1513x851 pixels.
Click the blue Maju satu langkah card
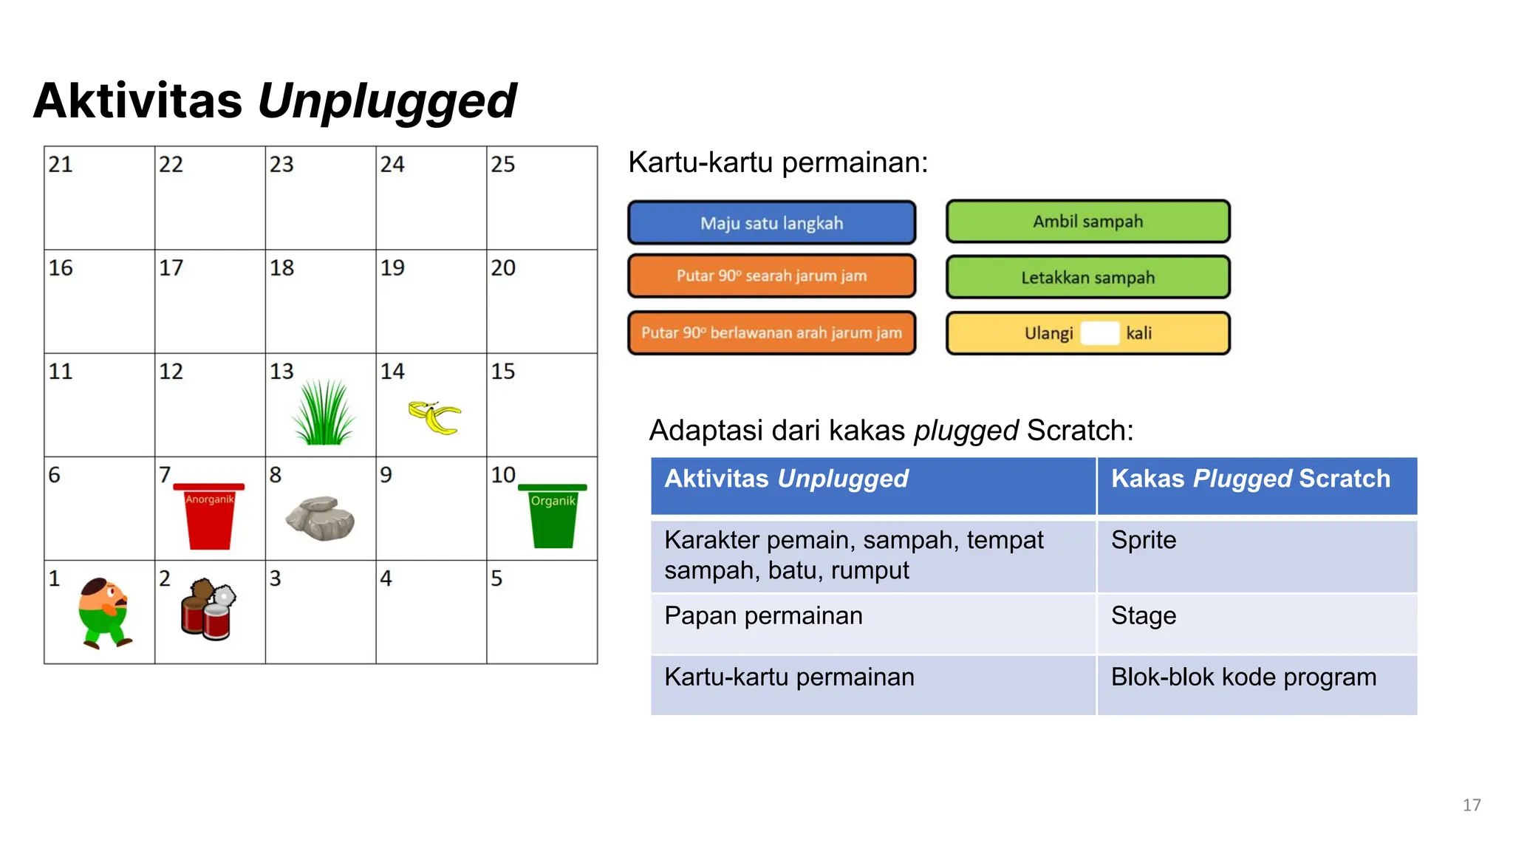pos(771,222)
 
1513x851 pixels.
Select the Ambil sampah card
pos(1087,221)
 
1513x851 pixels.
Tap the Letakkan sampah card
pos(1087,277)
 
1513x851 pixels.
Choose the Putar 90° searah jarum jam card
pos(771,276)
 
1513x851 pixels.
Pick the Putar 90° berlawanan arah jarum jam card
pos(771,332)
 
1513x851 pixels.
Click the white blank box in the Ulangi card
pos(1099,333)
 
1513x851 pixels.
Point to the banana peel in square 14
pos(434,417)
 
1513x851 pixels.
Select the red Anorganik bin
pos(209,517)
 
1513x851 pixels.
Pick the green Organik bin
pos(553,516)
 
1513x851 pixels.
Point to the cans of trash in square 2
pos(208,609)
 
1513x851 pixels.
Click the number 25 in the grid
pos(502,164)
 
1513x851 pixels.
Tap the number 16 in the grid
pos(61,267)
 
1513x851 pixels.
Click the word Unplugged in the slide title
pos(386,101)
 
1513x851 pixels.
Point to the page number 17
pos(1471,804)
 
